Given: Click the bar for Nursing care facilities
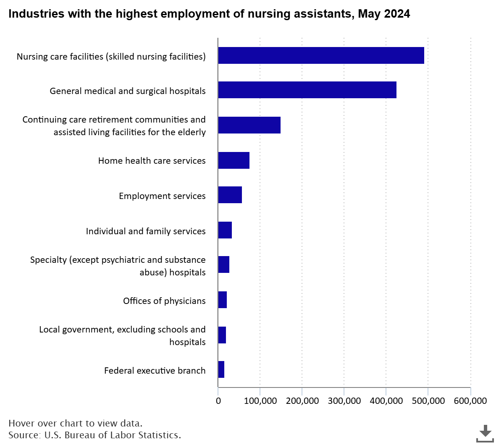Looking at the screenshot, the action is pos(321,55).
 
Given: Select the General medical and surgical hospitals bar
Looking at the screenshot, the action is pos(307,90).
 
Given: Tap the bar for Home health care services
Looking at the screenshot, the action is pos(234,160).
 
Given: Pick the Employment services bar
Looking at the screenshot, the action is pos(230,195).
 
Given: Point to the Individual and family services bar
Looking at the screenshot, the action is pos(225,230).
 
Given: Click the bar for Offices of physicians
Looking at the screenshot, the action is pos(223,300).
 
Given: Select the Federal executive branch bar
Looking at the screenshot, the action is pos(221,369).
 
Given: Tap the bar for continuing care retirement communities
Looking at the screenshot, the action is pos(249,125).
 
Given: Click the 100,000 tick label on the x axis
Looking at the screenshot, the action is pos(260,401).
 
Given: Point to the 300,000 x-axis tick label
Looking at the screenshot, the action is pos(344,401).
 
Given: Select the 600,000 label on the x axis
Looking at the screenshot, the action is pos(470,401).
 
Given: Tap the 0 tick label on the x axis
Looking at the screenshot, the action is pos(218,401).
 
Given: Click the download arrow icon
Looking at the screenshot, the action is pos(485,433).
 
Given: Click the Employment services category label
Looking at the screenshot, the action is pos(162,196).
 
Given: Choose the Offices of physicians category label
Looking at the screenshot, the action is pos(164,301).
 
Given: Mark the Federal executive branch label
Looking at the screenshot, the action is pos(155,371).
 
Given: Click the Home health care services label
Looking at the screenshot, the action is pos(152,161).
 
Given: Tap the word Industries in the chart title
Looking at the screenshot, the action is pos(36,14).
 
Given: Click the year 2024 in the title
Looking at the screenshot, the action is pos(397,14).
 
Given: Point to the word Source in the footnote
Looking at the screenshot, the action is pos(24,435).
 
